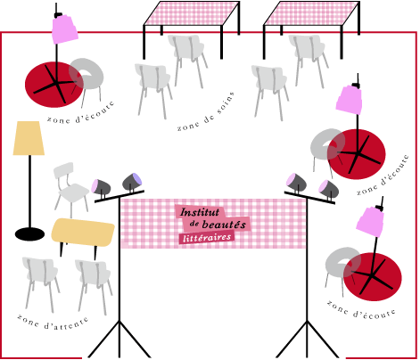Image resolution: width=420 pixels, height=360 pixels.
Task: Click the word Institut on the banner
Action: pyautogui.click(x=200, y=212)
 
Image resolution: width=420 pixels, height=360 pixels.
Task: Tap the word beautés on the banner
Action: pyautogui.click(x=224, y=225)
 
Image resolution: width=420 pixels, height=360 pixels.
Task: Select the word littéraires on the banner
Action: pyautogui.click(x=207, y=238)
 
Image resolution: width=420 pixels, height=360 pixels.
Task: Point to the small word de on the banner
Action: pyautogui.click(x=194, y=224)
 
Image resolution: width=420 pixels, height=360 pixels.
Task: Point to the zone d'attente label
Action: pyautogui.click(x=53, y=323)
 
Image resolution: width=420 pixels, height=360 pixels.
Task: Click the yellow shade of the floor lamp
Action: pyautogui.click(x=29, y=138)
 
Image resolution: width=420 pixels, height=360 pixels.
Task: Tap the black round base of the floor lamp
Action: pyautogui.click(x=29, y=234)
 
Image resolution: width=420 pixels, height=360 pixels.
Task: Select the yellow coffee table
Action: pyautogui.click(x=83, y=233)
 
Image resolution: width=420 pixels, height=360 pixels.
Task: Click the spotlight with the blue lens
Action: pyautogui.click(x=133, y=181)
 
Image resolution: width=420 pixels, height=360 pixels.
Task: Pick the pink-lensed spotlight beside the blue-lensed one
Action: pyautogui.click(x=101, y=187)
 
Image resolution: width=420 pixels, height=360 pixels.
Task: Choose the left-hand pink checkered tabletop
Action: pyautogui.click(x=192, y=13)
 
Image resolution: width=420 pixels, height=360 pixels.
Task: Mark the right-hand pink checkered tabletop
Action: pyautogui.click(x=312, y=13)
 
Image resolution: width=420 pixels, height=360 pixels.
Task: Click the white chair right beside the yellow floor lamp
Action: pyautogui.click(x=70, y=188)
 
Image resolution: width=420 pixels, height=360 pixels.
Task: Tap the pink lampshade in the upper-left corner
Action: pyautogui.click(x=65, y=29)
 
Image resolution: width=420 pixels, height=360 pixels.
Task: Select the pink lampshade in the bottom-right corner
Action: pyautogui.click(x=369, y=221)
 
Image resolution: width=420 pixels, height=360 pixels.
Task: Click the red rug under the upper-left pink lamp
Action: pyautogui.click(x=54, y=85)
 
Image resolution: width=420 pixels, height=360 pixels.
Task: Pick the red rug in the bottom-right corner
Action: pyautogui.click(x=373, y=276)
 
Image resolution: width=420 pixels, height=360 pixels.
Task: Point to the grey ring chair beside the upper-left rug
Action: pyautogui.click(x=86, y=74)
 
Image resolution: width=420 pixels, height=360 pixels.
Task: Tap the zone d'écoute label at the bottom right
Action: pyautogui.click(x=361, y=310)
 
